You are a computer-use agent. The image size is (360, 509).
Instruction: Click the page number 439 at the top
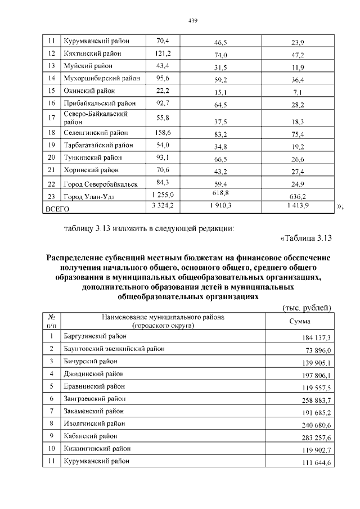coord(192,21)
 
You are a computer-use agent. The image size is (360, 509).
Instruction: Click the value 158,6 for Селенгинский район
coord(163,132)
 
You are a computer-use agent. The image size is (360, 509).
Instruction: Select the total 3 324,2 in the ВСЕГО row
coord(163,206)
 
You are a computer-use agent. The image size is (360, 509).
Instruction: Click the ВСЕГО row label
coord(57,209)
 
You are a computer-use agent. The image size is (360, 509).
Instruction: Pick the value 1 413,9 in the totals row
coord(298,207)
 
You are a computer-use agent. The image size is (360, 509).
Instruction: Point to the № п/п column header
coord(51,321)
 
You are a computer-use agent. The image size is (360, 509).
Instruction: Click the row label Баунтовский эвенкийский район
coord(115,349)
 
